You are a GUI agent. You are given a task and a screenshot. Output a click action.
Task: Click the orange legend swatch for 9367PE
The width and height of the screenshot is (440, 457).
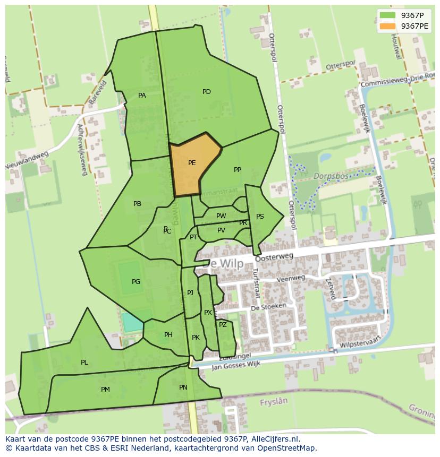click(x=387, y=26)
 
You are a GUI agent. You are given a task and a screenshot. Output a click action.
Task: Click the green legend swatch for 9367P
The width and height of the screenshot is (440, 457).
click(x=387, y=15)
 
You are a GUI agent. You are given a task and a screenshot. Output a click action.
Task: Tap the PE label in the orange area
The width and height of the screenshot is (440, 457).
click(x=192, y=163)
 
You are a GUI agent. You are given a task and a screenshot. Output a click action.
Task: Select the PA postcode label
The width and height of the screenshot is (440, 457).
click(x=142, y=96)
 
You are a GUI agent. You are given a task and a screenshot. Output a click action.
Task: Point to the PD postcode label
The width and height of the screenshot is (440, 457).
click(x=207, y=92)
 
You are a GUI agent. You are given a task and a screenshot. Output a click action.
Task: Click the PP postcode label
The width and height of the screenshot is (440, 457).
click(x=238, y=170)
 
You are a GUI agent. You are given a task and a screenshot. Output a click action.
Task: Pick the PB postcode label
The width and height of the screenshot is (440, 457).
click(x=138, y=204)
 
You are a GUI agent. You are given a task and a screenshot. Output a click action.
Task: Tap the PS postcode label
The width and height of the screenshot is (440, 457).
click(x=260, y=217)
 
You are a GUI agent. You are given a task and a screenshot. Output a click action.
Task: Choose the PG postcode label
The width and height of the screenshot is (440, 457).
click(x=136, y=282)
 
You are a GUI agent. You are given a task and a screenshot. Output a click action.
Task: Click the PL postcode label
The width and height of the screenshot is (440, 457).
click(x=84, y=363)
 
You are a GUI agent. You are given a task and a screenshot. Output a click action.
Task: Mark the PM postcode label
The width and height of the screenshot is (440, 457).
click(x=105, y=390)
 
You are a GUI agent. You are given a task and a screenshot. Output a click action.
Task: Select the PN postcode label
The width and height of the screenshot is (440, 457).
click(x=183, y=387)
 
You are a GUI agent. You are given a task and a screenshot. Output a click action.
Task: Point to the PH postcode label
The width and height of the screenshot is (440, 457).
click(x=168, y=335)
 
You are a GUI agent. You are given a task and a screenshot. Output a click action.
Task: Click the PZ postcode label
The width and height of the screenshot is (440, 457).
click(x=223, y=325)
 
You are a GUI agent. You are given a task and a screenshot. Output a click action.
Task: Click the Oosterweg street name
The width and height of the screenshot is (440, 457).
click(x=274, y=257)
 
